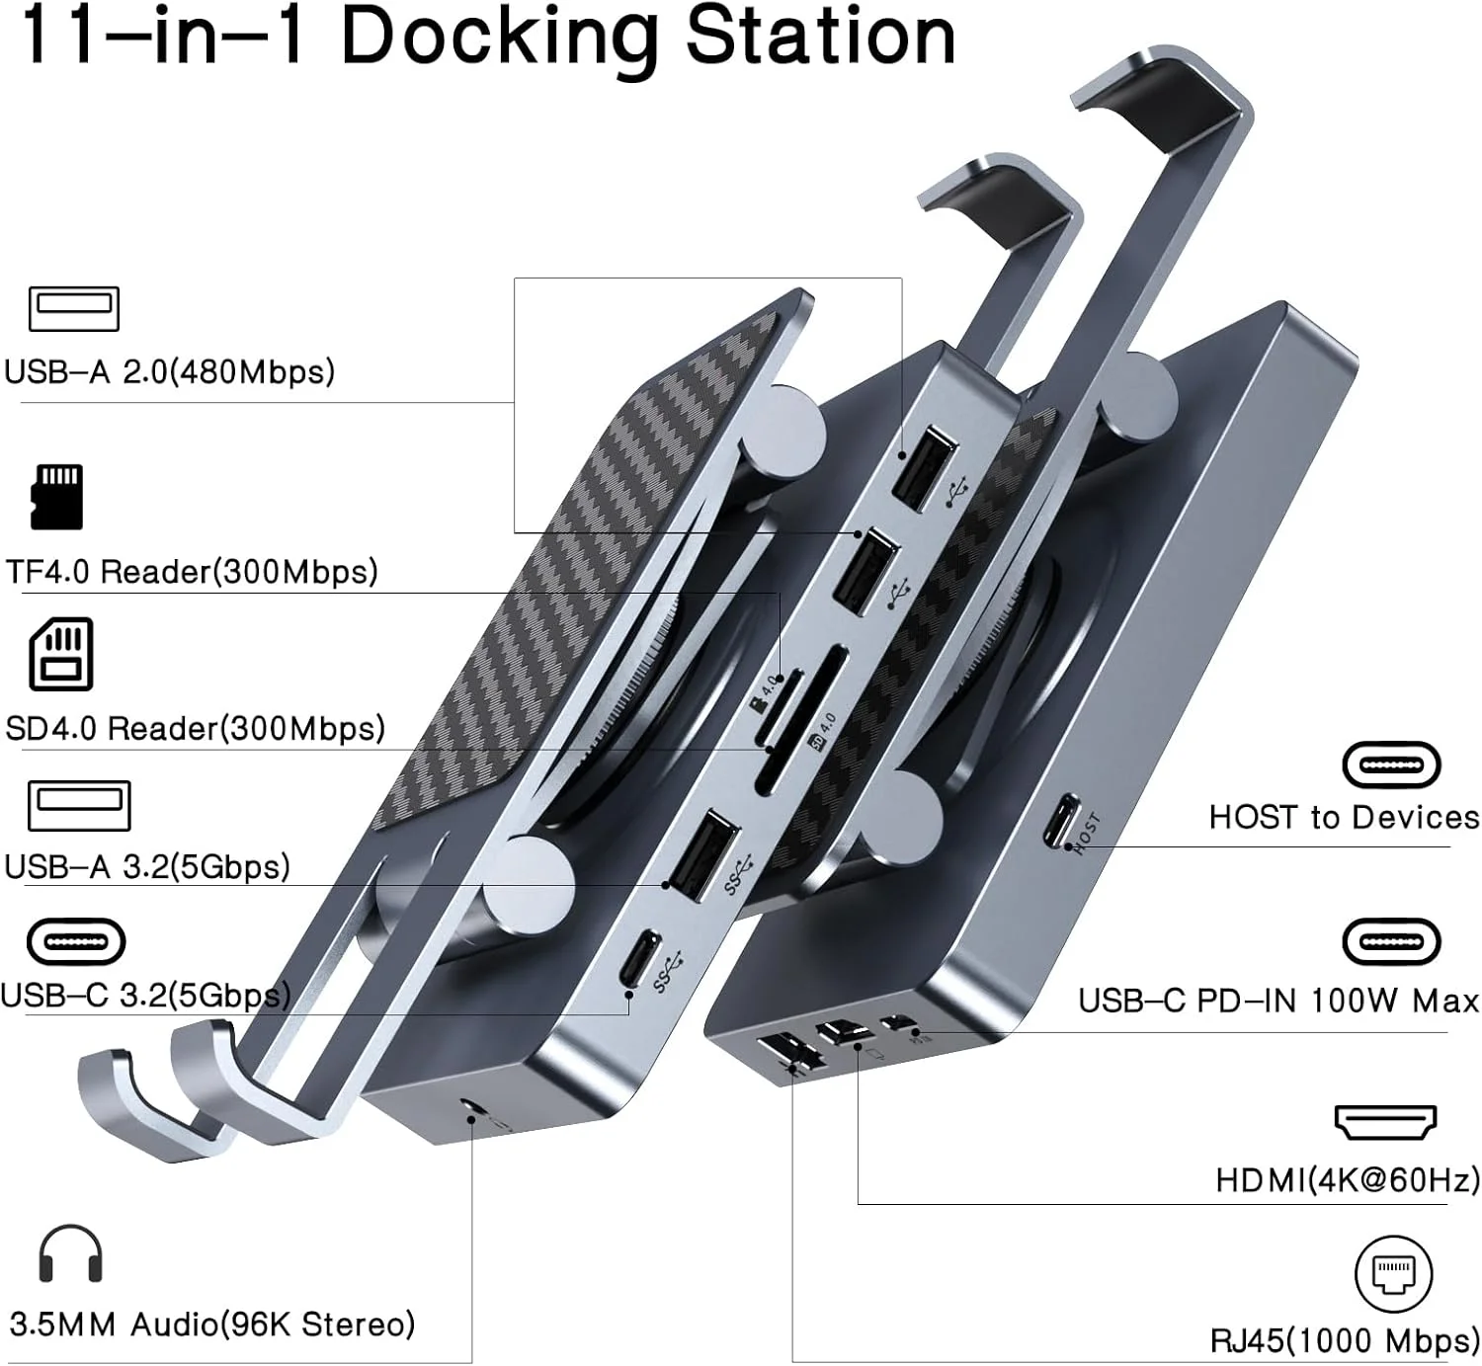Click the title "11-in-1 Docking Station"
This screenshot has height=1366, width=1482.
tap(487, 37)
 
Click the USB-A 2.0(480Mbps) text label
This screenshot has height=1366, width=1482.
tap(169, 371)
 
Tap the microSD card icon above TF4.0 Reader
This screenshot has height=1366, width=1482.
tap(57, 497)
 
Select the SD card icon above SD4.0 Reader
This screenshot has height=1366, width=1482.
tap(61, 654)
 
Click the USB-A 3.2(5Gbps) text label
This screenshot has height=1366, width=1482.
tap(147, 866)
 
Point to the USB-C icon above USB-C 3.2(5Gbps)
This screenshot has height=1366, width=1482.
tap(76, 941)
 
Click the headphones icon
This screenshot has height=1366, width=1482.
tap(70, 1254)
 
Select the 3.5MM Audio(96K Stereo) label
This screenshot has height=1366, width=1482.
tap(211, 1324)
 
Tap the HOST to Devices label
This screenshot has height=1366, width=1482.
tap(1344, 817)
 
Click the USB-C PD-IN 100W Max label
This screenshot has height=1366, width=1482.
tap(1278, 1001)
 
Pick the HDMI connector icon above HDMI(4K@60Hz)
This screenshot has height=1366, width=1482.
tap(1385, 1122)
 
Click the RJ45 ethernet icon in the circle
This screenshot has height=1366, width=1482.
tap(1393, 1273)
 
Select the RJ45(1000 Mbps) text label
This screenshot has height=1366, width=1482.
tap(1345, 1340)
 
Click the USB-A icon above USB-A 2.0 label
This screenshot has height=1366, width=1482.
tap(74, 309)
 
